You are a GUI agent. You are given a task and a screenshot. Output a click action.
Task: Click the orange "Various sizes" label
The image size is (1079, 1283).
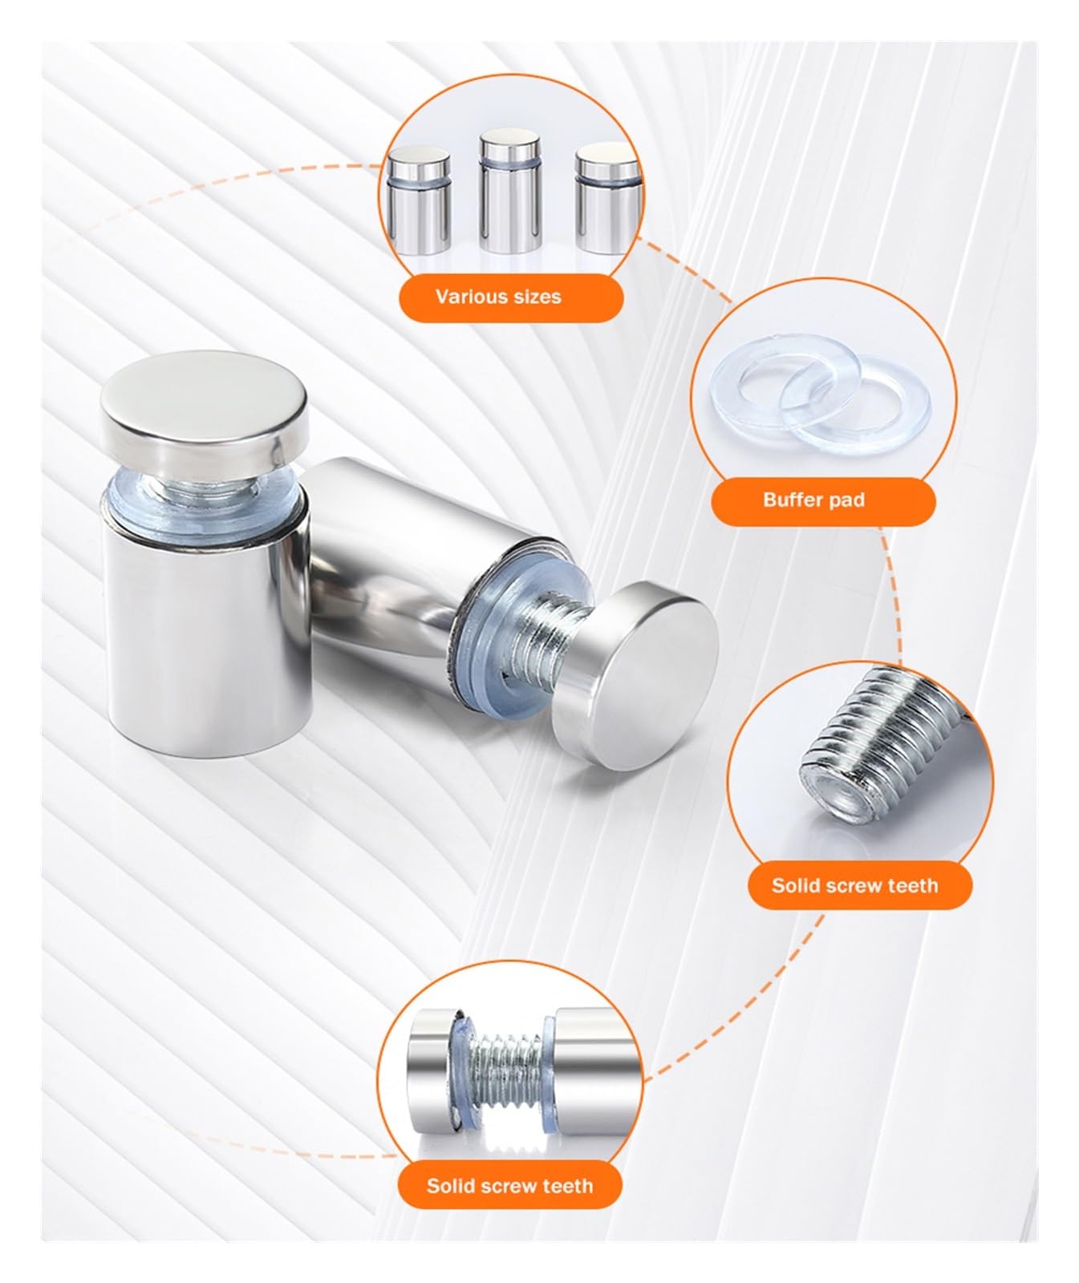click(x=511, y=297)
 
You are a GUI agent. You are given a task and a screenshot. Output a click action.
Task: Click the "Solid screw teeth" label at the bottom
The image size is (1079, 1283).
click(x=510, y=1185)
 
